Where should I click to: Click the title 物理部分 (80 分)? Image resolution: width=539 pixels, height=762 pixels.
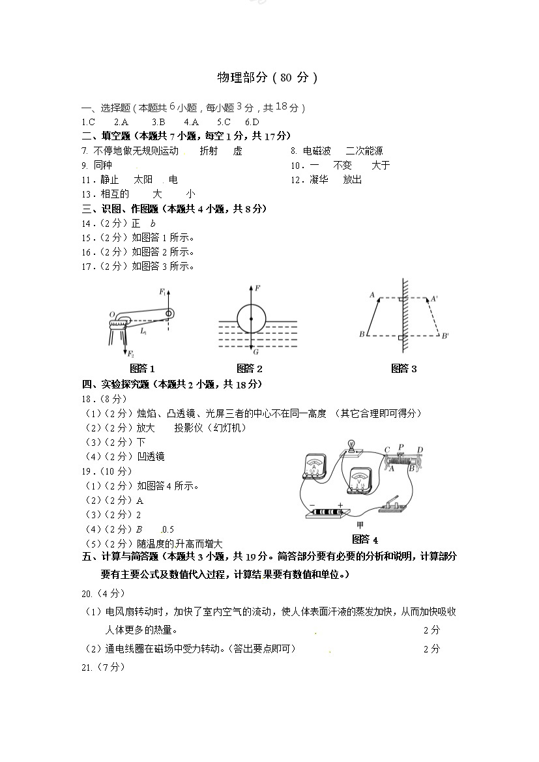coord(267,78)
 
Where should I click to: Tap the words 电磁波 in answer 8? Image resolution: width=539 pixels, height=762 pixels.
coord(317,151)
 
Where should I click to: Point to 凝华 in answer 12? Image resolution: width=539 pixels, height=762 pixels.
coord(319,179)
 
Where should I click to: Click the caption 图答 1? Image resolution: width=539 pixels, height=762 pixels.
coord(142,369)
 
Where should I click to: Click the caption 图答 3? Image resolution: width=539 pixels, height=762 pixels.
coord(403,369)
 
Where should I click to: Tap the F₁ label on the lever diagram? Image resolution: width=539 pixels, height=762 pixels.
coord(162,292)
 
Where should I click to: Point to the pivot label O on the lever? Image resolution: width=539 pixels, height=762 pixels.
coord(112,314)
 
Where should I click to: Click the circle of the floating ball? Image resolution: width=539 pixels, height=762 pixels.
coord(251,319)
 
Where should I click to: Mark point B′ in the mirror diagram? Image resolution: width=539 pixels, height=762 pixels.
coord(445,336)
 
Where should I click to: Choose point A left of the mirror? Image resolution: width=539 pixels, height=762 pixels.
coord(372,295)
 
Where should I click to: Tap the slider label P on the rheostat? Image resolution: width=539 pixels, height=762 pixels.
coord(401,447)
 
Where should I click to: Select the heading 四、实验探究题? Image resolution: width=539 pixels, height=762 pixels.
coord(116,384)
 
